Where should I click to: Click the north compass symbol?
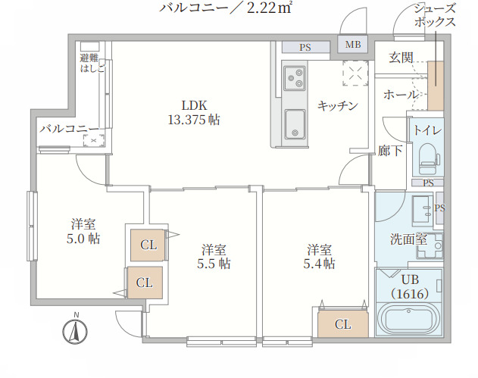click(x=76, y=330)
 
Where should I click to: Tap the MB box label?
click(x=353, y=45)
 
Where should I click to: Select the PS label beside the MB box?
click(x=305, y=47)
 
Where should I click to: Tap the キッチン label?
click(x=337, y=105)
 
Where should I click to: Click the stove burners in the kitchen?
click(x=294, y=77)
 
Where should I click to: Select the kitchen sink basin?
click(x=294, y=123)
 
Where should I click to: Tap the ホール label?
click(x=400, y=95)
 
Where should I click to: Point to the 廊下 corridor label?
click(x=389, y=150)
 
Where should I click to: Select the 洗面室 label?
click(x=408, y=239)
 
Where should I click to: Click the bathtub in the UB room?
click(x=409, y=318)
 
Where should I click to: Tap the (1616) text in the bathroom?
click(x=410, y=293)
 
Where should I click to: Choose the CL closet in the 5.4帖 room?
click(x=342, y=324)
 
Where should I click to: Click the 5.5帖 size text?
click(x=214, y=264)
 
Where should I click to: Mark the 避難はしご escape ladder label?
click(x=91, y=63)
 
